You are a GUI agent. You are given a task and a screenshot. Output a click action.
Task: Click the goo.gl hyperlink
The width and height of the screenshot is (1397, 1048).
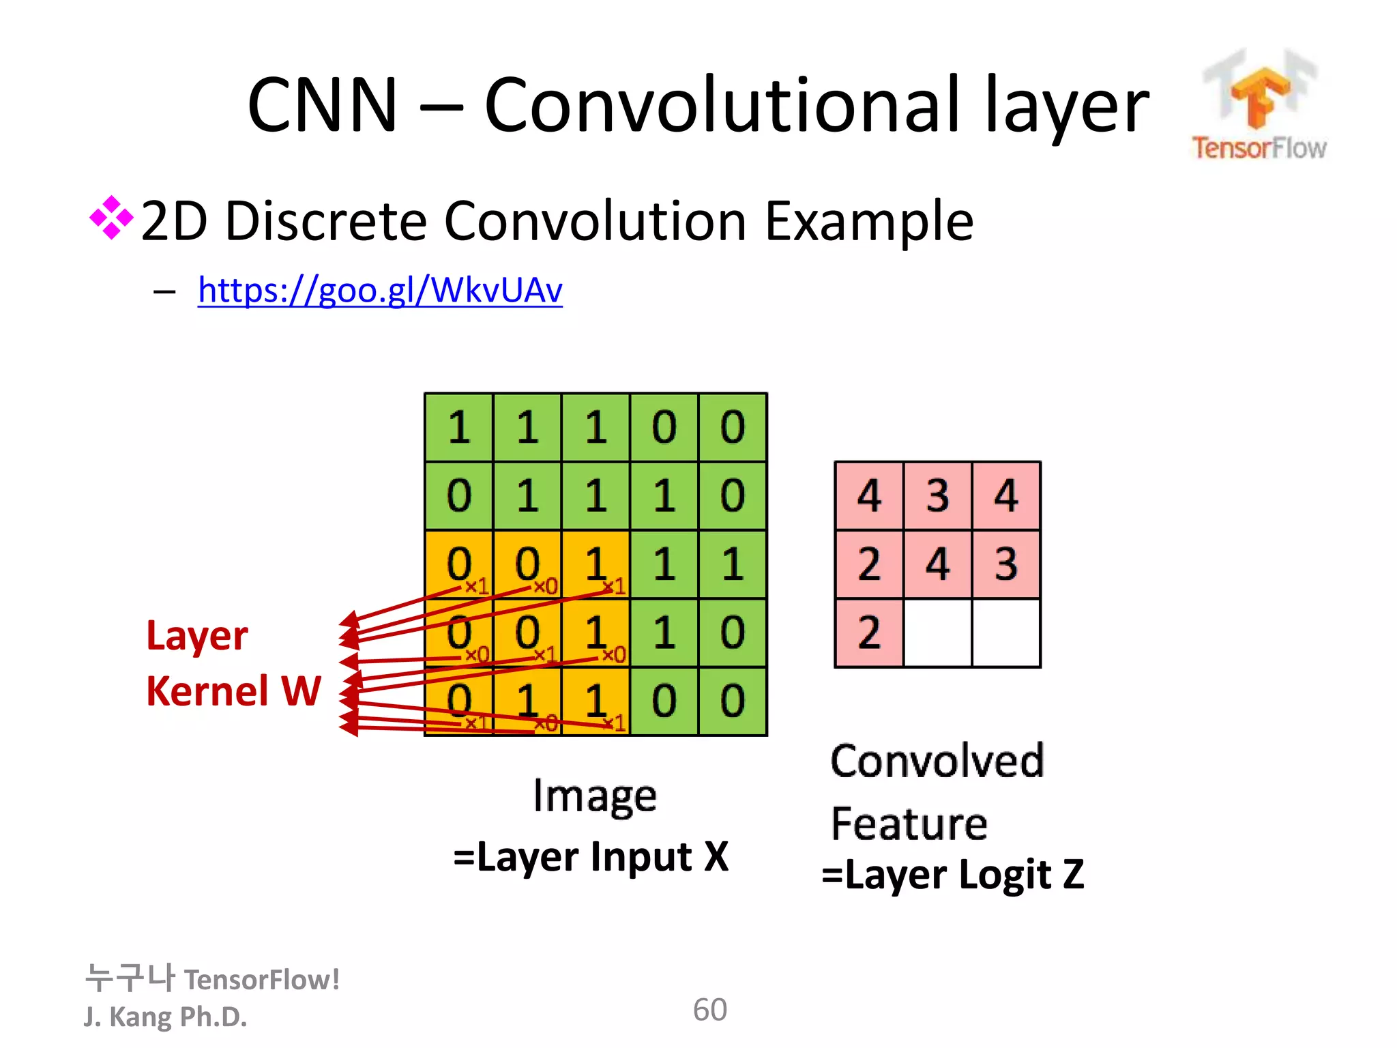coord(380,291)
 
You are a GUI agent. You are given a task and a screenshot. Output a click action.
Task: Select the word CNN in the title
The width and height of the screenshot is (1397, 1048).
coord(322,106)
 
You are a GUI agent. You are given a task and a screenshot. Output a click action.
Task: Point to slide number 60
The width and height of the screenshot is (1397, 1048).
coord(709,1010)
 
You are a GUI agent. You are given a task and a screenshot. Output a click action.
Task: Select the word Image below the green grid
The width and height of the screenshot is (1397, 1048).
coord(595,796)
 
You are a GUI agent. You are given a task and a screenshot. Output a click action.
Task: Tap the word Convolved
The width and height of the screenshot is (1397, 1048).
coord(937,761)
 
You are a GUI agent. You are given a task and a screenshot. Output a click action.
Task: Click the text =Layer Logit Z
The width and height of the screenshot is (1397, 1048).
coord(952,875)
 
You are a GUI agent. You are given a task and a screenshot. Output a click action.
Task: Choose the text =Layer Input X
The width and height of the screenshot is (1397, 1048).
coord(591,857)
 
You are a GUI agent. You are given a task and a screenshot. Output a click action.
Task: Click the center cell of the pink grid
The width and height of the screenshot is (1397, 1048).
coord(938,564)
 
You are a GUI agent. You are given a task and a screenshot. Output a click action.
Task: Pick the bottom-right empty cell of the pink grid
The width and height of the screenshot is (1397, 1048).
coord(1006,632)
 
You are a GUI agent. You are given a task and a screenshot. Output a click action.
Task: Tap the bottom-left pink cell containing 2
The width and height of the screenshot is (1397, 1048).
coord(869,632)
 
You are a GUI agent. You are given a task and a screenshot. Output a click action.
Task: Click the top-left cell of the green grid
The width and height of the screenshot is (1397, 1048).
coord(459,428)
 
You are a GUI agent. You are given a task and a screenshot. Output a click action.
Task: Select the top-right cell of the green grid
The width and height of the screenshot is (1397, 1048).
coord(733,428)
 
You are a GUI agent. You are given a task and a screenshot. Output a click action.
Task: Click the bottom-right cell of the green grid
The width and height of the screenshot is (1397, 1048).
coord(733,701)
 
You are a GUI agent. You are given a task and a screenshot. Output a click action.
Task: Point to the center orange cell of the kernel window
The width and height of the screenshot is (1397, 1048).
coord(527,632)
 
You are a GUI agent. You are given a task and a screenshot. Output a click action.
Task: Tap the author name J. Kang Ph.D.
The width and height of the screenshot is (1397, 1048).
coord(165,1017)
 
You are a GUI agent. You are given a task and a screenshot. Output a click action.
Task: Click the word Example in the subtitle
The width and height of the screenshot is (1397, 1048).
coord(869,221)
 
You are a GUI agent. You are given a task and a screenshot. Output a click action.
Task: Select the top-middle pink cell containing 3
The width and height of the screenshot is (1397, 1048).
coord(938,496)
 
